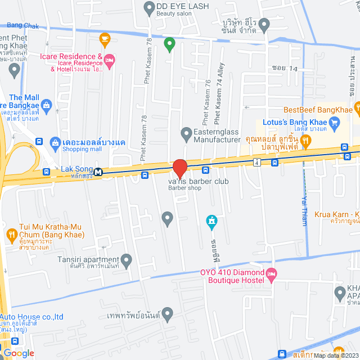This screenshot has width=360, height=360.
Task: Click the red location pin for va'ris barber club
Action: pos(179,168)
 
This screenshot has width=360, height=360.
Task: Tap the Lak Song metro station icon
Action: pos(98,172)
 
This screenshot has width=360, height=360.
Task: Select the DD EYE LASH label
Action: pos(182,6)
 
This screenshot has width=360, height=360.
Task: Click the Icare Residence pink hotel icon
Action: pos(110,60)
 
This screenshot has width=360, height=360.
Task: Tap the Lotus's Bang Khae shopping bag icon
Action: pos(334,121)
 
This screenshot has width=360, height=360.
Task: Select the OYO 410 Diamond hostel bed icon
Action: pos(272,275)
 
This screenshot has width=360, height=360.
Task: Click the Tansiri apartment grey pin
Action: pos(126,260)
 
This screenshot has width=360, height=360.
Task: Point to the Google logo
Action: pos(18,353)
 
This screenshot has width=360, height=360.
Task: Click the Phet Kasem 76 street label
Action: pos(206,101)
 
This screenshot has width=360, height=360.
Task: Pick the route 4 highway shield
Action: pos(256,163)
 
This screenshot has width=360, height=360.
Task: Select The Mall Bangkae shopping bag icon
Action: pos(47,105)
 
